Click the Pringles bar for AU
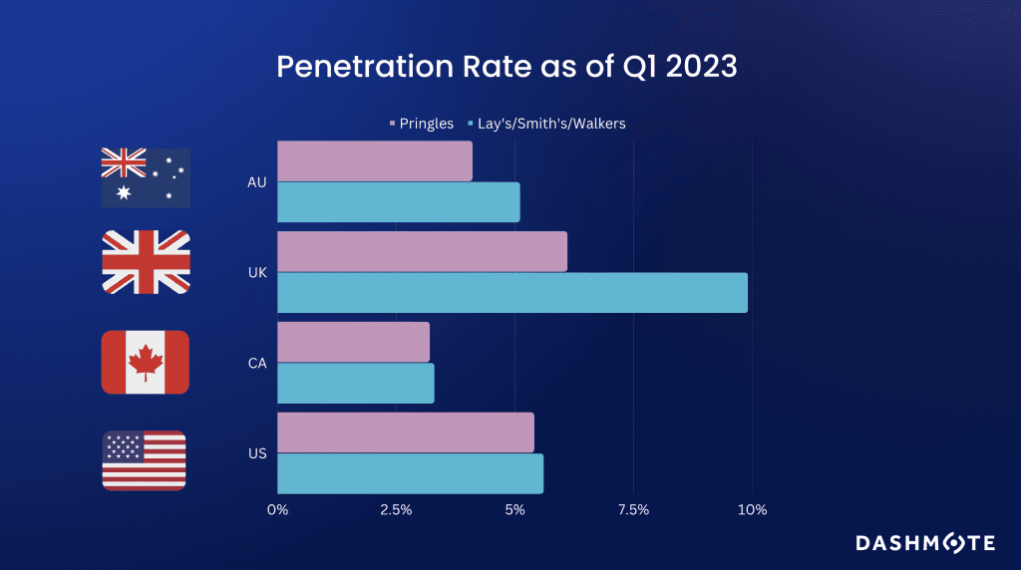tap(374, 161)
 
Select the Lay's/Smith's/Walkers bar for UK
tap(511, 293)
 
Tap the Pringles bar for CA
tap(353, 342)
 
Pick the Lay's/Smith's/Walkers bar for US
tap(410, 473)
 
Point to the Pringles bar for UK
tap(422, 251)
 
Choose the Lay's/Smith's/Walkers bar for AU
tap(398, 202)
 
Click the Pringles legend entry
tap(422, 124)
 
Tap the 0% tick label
tap(277, 510)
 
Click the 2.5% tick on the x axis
tap(396, 510)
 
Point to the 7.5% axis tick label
tap(633, 510)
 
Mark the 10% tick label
tap(752, 510)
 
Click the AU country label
tap(256, 182)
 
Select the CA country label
tap(256, 364)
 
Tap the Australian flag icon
tap(146, 177)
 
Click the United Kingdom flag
tap(146, 262)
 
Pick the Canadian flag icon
tap(146, 362)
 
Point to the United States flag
tap(145, 460)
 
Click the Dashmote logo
tap(925, 543)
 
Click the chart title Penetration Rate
tap(507, 67)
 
